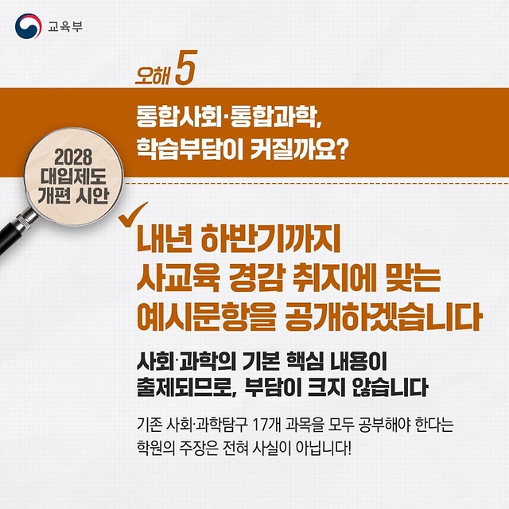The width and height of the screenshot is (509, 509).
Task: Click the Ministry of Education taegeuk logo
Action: point(29,26)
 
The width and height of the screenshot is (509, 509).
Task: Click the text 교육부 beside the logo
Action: point(65,26)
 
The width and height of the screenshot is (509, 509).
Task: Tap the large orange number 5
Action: point(186,68)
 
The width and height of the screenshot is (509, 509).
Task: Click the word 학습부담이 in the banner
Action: point(190,150)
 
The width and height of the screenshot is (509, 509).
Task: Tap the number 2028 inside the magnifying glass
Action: point(73,157)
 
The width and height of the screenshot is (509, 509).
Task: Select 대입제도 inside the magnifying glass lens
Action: point(73,177)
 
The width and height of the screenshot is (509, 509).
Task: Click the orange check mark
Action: point(133,215)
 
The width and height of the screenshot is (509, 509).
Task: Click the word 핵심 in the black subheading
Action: point(305,362)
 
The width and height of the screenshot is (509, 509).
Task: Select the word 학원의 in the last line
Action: point(156,449)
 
